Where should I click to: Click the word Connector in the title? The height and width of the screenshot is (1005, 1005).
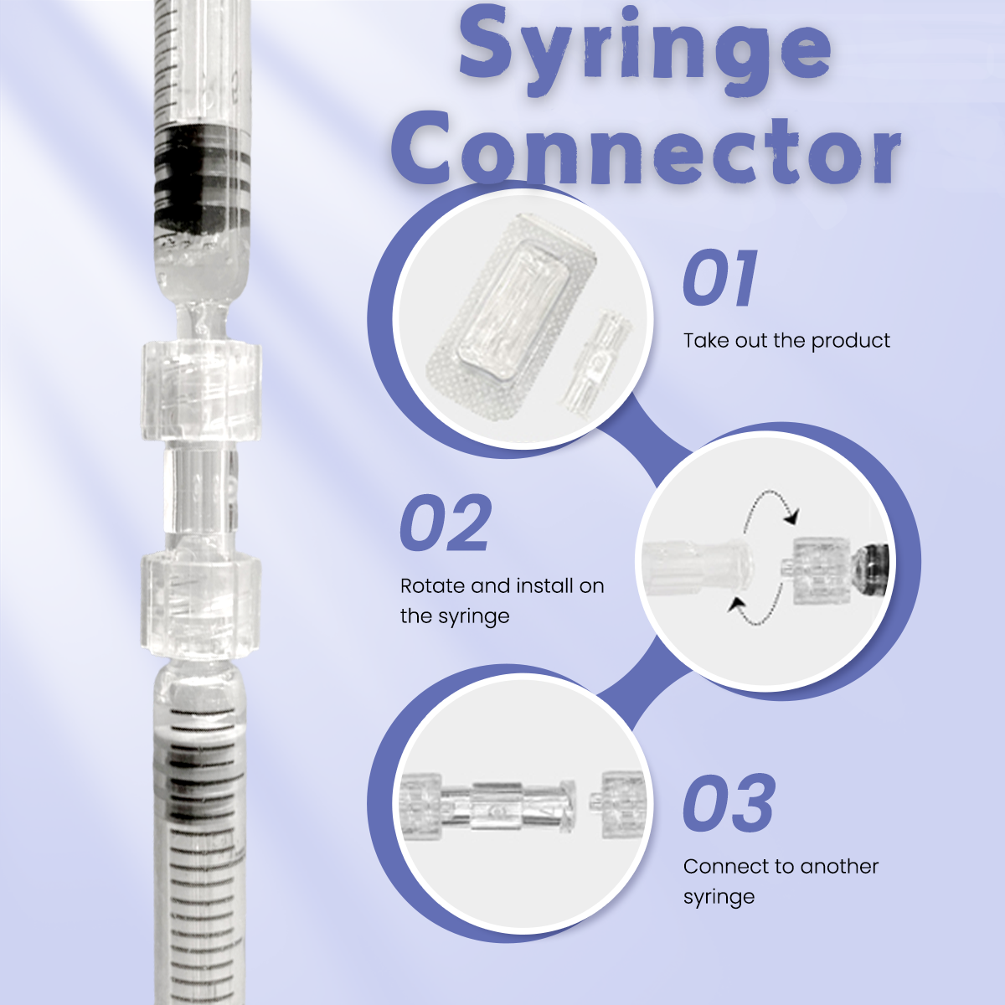click(x=647, y=148)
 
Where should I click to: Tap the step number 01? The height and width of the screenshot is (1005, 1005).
click(x=719, y=278)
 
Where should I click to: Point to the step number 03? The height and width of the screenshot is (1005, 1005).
click(x=729, y=803)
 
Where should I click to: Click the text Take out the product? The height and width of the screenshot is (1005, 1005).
click(x=786, y=341)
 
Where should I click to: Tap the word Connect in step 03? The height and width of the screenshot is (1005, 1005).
click(x=725, y=866)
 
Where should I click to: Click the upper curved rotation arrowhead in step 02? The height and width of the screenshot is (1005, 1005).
click(x=791, y=518)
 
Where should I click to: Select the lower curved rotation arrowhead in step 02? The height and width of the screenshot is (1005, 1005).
click(x=736, y=605)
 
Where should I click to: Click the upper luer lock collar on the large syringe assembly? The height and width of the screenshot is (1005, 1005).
click(x=200, y=389)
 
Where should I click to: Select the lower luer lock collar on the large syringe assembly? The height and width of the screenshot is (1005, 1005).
click(x=200, y=603)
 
